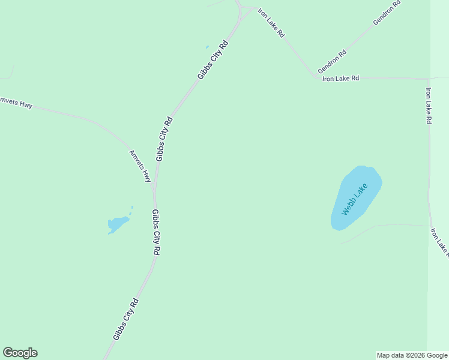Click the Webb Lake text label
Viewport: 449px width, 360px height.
(x=354, y=200)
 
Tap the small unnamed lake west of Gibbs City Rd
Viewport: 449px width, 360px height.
(x=118, y=224)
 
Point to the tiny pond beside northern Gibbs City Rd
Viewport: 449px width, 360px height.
(x=207, y=47)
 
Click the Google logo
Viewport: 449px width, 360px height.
(x=20, y=353)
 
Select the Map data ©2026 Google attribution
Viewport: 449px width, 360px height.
(x=412, y=355)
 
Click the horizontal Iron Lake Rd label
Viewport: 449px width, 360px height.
(x=340, y=78)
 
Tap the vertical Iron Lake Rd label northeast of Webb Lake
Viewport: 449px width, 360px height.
(x=429, y=106)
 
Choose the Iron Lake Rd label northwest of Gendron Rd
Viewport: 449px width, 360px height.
(x=271, y=23)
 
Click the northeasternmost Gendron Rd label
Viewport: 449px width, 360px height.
(x=386, y=13)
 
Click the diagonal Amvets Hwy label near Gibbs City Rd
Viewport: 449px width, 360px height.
(x=140, y=166)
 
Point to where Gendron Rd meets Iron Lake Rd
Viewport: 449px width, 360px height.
(x=316, y=76)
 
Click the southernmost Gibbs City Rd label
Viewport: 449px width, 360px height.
(x=126, y=320)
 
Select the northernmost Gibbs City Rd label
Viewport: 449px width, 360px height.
(x=213, y=59)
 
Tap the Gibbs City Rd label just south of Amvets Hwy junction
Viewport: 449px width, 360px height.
(x=156, y=233)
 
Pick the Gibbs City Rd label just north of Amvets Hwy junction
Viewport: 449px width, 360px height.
(x=164, y=139)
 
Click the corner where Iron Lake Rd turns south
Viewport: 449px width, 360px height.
(x=429, y=79)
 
